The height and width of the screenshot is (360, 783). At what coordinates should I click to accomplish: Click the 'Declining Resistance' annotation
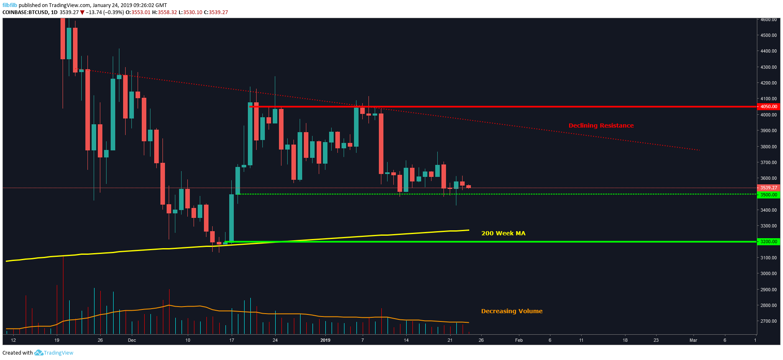click(x=601, y=126)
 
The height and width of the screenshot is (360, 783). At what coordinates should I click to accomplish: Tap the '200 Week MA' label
click(x=503, y=233)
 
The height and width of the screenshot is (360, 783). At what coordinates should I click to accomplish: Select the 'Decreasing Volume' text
click(x=511, y=311)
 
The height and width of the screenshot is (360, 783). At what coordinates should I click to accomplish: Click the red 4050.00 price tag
click(x=768, y=106)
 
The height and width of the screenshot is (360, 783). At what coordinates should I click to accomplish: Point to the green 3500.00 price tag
click(x=768, y=195)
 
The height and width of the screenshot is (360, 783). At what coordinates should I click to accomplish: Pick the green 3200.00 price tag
click(x=768, y=242)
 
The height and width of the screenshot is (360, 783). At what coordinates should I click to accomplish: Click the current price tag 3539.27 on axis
click(x=768, y=188)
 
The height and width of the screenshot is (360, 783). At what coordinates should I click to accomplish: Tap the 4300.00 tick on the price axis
click(x=768, y=67)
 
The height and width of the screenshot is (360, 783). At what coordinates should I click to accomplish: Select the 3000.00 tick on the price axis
click(x=768, y=273)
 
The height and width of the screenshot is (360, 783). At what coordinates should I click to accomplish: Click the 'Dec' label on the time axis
click(x=132, y=340)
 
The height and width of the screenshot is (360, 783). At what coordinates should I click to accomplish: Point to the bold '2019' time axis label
click(x=325, y=340)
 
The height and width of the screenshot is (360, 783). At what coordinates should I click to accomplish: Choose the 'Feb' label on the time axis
click(x=519, y=340)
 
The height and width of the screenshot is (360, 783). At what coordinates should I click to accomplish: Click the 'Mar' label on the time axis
click(x=693, y=340)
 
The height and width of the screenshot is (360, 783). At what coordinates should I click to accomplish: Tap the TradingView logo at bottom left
click(x=54, y=353)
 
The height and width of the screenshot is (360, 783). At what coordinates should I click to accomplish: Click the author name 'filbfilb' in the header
click(x=10, y=5)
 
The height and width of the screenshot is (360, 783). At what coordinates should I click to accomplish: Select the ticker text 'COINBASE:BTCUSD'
click(x=25, y=12)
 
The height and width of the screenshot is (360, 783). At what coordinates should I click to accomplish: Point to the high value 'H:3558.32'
click(x=165, y=12)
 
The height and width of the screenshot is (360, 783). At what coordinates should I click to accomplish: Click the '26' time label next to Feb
click(x=481, y=340)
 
